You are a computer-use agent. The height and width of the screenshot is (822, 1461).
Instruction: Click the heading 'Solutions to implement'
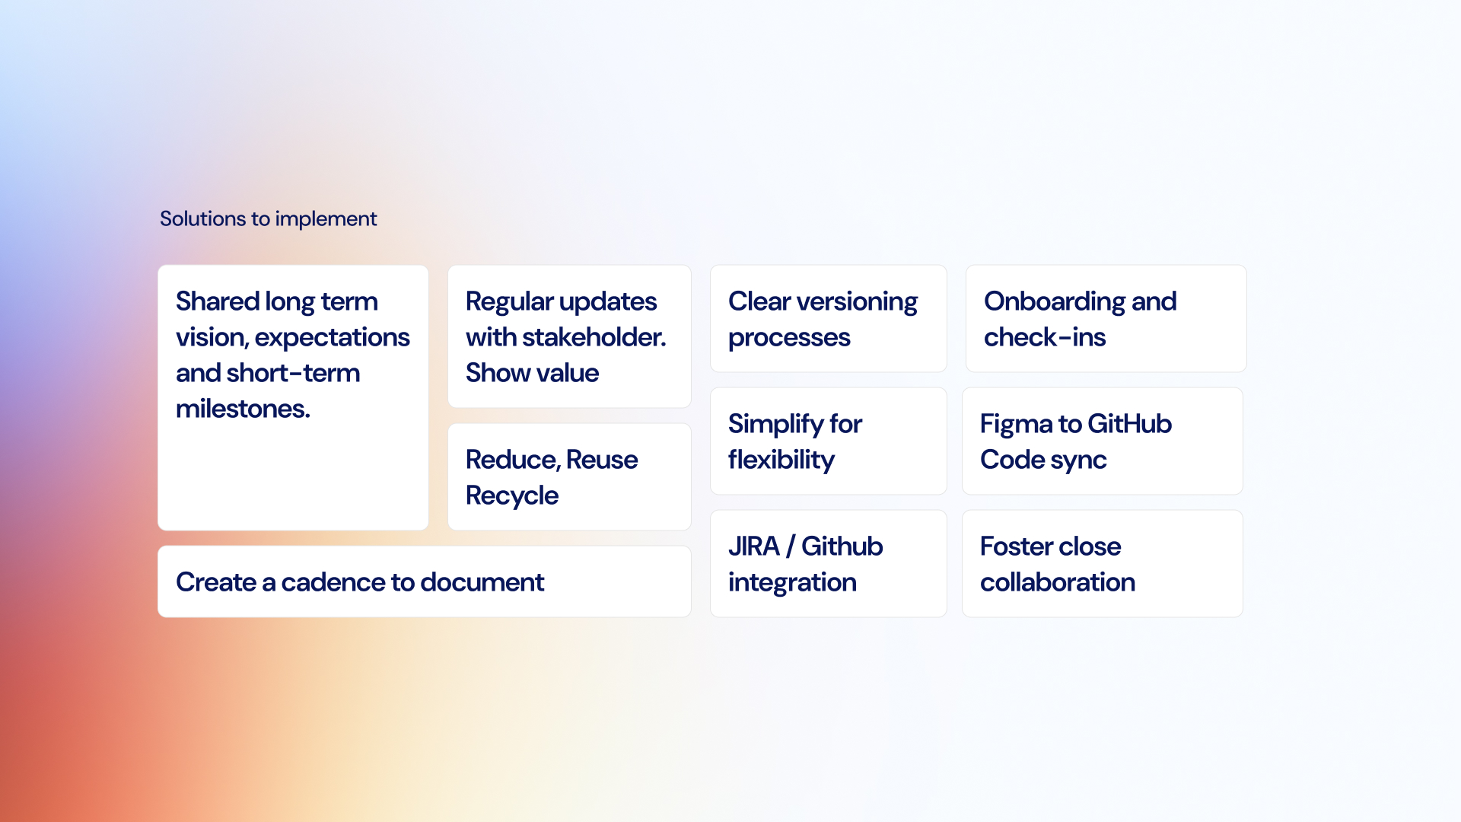tap(268, 219)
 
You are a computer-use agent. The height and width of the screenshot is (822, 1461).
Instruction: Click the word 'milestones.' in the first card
tap(243, 409)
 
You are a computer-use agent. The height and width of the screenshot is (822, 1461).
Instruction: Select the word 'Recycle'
tap(512, 496)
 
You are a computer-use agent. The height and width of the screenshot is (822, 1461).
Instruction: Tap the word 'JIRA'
tap(754, 546)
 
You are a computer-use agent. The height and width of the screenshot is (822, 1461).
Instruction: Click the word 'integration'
tap(792, 583)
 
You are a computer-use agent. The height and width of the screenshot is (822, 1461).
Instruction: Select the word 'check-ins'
tap(1045, 337)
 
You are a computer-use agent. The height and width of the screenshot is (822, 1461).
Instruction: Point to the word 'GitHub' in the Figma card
tap(1130, 424)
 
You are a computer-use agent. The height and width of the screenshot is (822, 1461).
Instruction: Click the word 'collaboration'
tap(1058, 582)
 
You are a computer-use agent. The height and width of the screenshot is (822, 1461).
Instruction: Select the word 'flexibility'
tap(781, 460)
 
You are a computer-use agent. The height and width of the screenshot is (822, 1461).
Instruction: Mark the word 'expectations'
tap(333, 338)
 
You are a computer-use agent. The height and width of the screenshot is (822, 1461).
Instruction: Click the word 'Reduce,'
tap(514, 460)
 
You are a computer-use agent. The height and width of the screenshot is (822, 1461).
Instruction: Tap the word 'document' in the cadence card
tap(482, 582)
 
